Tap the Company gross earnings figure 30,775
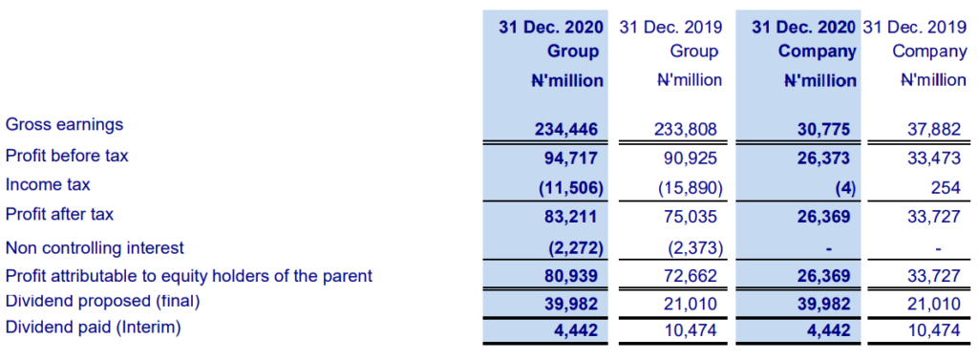(824, 128)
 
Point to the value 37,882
(935, 128)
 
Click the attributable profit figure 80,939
(571, 278)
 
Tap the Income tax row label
(48, 184)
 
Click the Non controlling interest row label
(95, 248)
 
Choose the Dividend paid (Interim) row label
(93, 328)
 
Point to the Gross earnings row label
(65, 124)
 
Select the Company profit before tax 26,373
(824, 158)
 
